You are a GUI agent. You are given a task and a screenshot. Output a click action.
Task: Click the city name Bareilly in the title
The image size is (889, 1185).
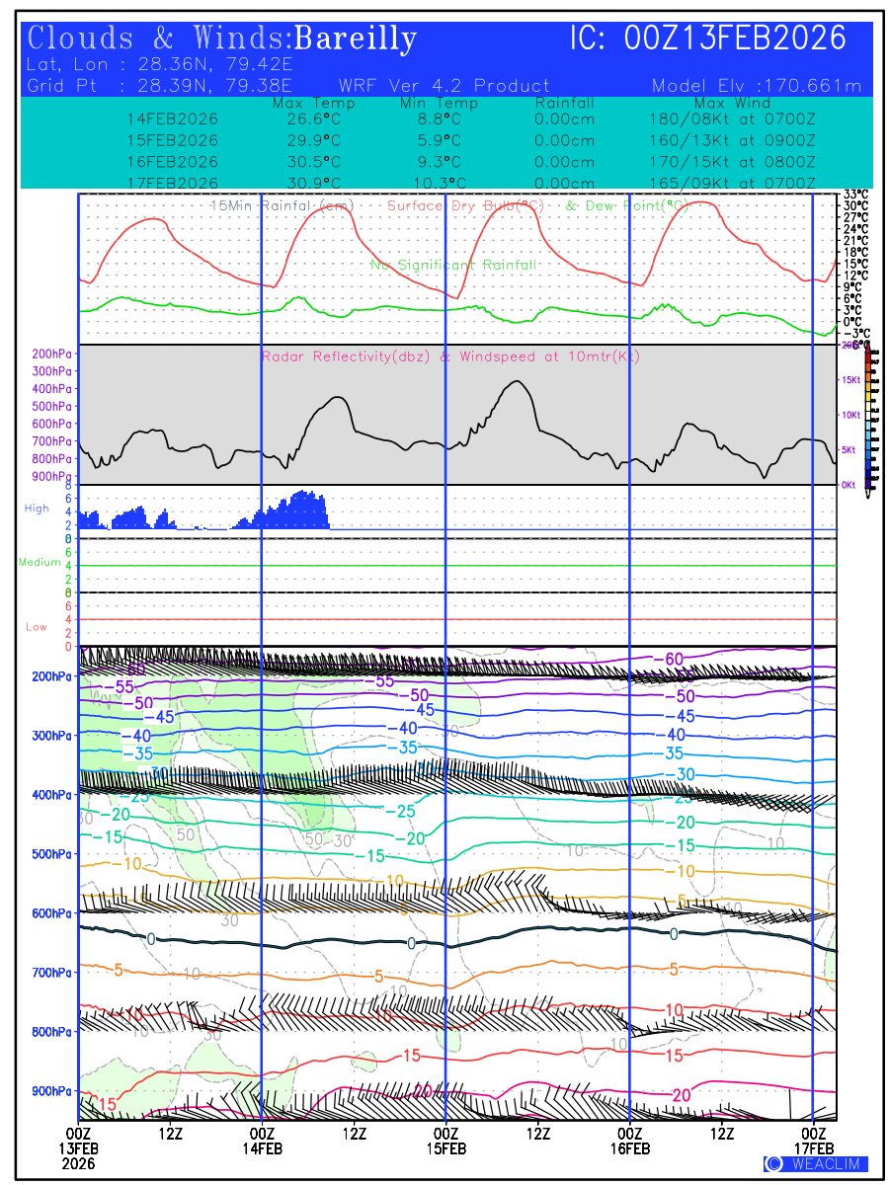pyautogui.click(x=356, y=39)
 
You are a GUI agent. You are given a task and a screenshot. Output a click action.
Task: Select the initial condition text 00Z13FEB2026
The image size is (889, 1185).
pyautogui.click(x=736, y=39)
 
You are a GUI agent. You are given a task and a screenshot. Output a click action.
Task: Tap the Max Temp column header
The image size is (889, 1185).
pyautogui.click(x=313, y=103)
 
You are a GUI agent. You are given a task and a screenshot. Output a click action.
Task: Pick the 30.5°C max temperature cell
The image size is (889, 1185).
pyautogui.click(x=313, y=162)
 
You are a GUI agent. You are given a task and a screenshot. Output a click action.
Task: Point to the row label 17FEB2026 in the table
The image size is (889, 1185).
pyautogui.click(x=173, y=183)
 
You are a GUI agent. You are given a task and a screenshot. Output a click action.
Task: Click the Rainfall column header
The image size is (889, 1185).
pyautogui.click(x=564, y=103)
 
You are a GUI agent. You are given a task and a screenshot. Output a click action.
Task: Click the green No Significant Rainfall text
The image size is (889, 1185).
pyautogui.click(x=453, y=265)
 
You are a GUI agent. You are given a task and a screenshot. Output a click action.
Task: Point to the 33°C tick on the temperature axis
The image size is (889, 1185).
pyautogui.click(x=855, y=195)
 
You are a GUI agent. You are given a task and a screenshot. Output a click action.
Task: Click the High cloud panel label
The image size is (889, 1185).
pyautogui.click(x=37, y=509)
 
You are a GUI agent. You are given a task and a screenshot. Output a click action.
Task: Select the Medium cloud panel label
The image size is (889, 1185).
pyautogui.click(x=40, y=562)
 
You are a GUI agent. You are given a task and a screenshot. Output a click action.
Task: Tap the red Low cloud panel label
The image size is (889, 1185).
pyautogui.click(x=37, y=627)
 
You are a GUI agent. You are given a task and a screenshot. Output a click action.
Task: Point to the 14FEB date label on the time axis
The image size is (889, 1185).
pyautogui.click(x=262, y=1148)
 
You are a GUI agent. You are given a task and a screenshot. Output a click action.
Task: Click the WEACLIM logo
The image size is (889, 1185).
pyautogui.click(x=816, y=1163)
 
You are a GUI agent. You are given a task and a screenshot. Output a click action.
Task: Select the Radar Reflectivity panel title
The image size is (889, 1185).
pyautogui.click(x=450, y=356)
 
